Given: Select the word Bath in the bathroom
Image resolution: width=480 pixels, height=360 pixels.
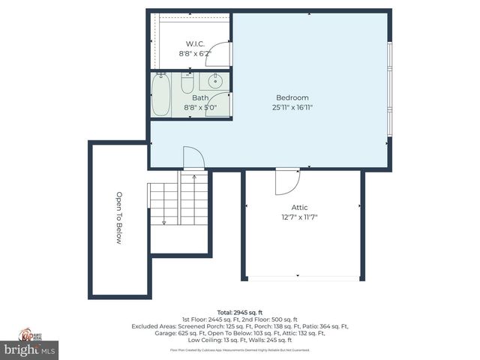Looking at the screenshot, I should coord(200,97).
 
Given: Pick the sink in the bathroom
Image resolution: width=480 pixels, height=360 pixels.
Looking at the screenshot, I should coord(215,81).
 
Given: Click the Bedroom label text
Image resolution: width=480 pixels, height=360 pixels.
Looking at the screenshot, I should coord(292,97).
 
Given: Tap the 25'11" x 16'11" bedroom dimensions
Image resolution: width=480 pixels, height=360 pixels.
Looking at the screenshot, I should coord(292,107).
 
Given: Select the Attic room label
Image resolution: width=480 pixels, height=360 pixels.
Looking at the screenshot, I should coord(299,208).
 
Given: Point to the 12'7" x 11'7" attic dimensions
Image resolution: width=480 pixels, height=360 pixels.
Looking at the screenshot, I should coord(300,217).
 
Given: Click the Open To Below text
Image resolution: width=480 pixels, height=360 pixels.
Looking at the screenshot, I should coord(118,218).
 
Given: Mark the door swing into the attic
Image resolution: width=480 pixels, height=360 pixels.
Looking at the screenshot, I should coord(286,181).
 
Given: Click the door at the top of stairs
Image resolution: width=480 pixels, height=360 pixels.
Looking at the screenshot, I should coord(193,158).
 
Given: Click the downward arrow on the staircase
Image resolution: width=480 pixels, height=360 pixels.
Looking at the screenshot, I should coord(164,221).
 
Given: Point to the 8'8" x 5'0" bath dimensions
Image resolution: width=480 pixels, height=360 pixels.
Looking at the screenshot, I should coord(200,107).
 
